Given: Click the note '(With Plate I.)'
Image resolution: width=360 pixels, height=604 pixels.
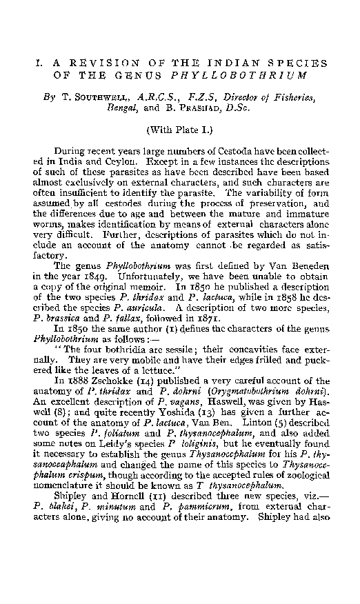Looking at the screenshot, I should click(179, 129).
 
